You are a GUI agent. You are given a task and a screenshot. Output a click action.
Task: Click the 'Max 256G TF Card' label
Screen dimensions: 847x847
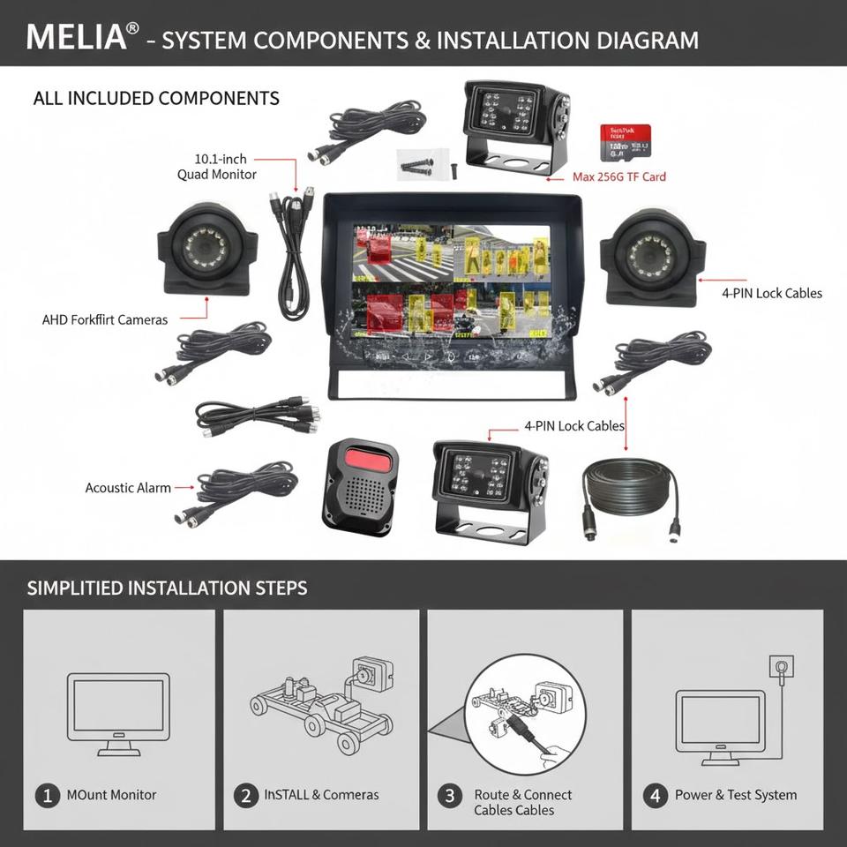pos(618,176)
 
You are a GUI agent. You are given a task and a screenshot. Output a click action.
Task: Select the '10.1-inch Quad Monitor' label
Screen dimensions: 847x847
pos(218,167)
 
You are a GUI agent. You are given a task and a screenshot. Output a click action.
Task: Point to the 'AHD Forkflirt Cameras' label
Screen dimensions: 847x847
pos(105,319)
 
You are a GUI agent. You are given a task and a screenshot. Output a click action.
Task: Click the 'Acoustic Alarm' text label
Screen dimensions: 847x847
pos(128,487)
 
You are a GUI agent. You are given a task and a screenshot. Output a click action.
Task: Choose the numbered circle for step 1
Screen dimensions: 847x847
pos(47,795)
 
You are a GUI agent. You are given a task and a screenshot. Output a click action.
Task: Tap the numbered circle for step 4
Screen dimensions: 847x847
pos(654,795)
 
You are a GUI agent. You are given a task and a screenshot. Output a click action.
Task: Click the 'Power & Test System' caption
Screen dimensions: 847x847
pos(735,795)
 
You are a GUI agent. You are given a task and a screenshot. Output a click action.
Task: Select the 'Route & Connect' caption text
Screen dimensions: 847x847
pos(522,795)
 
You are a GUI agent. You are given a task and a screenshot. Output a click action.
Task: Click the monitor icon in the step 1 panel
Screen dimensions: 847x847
pos(118,713)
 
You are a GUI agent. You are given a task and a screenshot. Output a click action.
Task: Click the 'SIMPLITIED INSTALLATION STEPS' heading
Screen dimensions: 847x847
pos(167,588)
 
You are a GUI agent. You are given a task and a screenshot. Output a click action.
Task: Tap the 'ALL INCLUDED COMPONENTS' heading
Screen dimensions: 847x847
pos(156,98)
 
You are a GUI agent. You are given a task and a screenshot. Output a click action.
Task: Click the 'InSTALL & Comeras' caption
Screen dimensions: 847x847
pos(321,795)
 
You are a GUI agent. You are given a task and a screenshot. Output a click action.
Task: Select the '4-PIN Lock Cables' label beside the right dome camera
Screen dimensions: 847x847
pos(771,293)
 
